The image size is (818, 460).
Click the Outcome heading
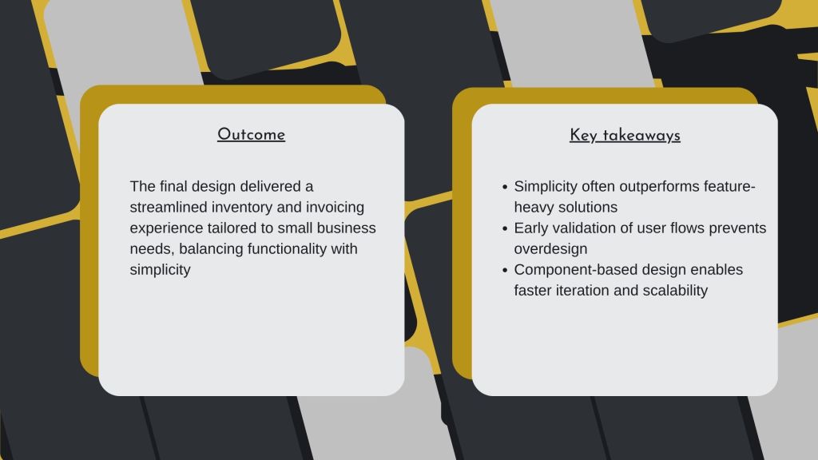click(251, 134)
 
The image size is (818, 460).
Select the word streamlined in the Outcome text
click(169, 207)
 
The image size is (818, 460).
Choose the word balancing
click(211, 249)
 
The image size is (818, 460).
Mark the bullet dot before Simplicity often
click(505, 187)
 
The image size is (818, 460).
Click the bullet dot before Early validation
click(505, 228)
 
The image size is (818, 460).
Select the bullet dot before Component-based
click(505, 270)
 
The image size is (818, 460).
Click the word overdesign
click(550, 249)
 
